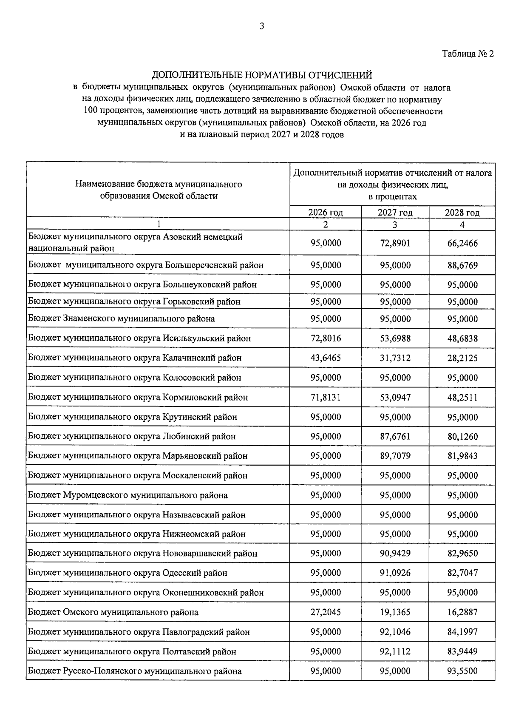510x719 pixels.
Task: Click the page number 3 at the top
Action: pos(262,26)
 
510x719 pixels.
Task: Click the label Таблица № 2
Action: pos(468,54)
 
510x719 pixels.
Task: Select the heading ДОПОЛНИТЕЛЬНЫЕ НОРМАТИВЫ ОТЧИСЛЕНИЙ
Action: pos(262,75)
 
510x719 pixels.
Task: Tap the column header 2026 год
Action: pos(326,213)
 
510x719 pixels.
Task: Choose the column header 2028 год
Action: pos(462,213)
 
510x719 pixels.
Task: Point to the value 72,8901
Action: pos(395,243)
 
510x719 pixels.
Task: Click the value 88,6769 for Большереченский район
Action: pos(462,265)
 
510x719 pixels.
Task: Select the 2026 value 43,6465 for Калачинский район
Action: pos(326,358)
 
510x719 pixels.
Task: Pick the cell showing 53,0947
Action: pos(395,398)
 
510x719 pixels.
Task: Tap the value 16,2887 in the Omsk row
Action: pos(462,612)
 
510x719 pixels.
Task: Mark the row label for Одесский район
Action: pos(127,573)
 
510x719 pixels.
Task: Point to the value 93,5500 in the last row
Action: pos(462,671)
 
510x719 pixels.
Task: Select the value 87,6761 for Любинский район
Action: pos(395,436)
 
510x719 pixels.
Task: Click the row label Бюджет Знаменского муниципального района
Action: pos(122,318)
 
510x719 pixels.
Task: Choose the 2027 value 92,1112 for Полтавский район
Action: pos(395,651)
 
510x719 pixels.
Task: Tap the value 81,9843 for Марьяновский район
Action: pos(462,456)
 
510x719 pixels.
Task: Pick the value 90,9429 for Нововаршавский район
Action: pos(395,553)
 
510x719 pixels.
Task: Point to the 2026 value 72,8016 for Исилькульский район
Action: pos(326,338)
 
